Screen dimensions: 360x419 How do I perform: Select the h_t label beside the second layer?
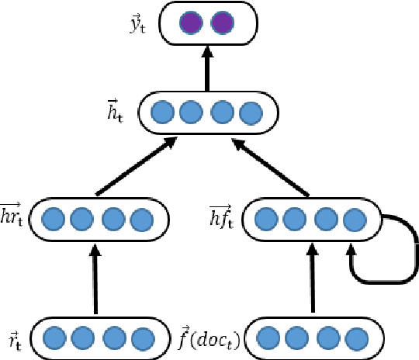pos(118,112)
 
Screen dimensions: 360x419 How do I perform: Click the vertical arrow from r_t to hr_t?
pos(96,279)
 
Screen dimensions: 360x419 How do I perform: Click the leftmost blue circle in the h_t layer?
pos(161,113)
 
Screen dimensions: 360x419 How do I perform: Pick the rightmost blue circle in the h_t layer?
pos(249,113)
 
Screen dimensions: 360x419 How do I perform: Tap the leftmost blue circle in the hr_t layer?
pos(53,220)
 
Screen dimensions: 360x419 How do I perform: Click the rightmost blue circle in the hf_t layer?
pos(355,220)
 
